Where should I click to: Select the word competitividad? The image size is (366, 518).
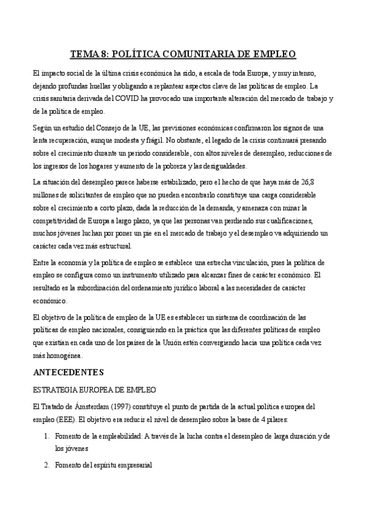point(59,221)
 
